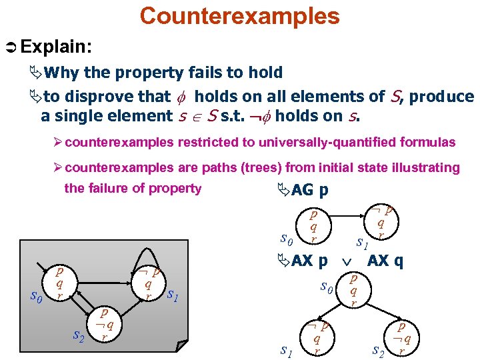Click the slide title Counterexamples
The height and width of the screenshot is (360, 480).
pos(239,15)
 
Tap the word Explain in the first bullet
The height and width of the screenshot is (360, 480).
pos(56,47)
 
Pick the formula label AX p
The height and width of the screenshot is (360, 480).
pos(309,261)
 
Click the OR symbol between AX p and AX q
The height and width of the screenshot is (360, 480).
pos(346,261)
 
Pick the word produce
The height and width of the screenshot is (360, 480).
pos(441,97)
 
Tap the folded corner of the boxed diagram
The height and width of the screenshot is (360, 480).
pos(182,346)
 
